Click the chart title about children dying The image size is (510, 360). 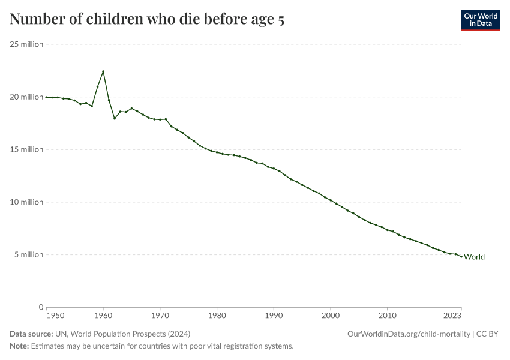(147, 20)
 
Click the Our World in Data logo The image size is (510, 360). (480, 20)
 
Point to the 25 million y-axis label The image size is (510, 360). (26, 44)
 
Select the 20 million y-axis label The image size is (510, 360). (26, 97)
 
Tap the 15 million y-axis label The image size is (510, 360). (26, 149)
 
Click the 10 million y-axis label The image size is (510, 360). (26, 202)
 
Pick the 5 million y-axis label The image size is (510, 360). (28, 254)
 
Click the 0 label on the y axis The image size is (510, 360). (40, 307)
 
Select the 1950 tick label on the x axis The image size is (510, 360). (55, 315)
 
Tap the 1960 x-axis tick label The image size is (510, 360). (103, 315)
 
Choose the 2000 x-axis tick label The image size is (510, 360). (331, 315)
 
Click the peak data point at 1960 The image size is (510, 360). (103, 71)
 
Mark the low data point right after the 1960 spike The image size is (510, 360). (115, 118)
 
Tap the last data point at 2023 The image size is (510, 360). (461, 256)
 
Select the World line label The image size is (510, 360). (474, 257)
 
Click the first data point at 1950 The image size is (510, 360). (46, 97)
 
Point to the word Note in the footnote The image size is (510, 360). (19, 346)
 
